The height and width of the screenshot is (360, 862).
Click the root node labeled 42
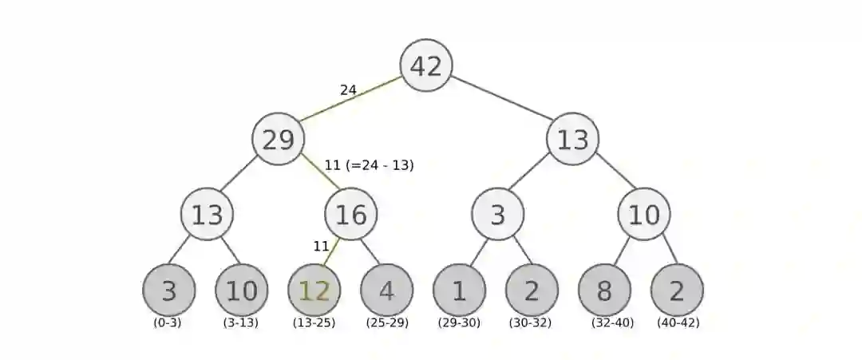(x=426, y=65)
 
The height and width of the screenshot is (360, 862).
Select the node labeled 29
(x=279, y=140)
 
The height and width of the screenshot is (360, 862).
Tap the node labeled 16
(x=350, y=214)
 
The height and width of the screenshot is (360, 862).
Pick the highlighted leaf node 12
(x=314, y=291)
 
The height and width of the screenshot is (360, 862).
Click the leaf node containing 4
(x=386, y=291)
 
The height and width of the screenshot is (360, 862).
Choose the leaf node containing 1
(x=459, y=291)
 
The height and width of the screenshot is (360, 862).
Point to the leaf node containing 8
(x=604, y=291)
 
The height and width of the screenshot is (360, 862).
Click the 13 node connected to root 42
(x=572, y=140)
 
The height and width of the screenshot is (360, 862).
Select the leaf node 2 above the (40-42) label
(x=677, y=291)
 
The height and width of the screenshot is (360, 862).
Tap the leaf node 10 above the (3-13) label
(x=241, y=291)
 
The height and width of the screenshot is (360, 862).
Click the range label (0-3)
(x=168, y=323)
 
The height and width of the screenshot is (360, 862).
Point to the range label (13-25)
(x=314, y=323)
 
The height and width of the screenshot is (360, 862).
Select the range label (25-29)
(x=387, y=323)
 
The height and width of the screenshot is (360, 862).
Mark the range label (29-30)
(x=459, y=323)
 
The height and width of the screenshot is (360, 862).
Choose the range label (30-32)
(x=531, y=323)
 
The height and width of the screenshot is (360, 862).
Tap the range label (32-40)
(x=612, y=323)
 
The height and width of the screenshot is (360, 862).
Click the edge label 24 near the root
(x=348, y=90)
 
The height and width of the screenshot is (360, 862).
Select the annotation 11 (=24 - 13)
(x=369, y=165)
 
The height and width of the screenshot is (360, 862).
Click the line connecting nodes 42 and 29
(x=351, y=103)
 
